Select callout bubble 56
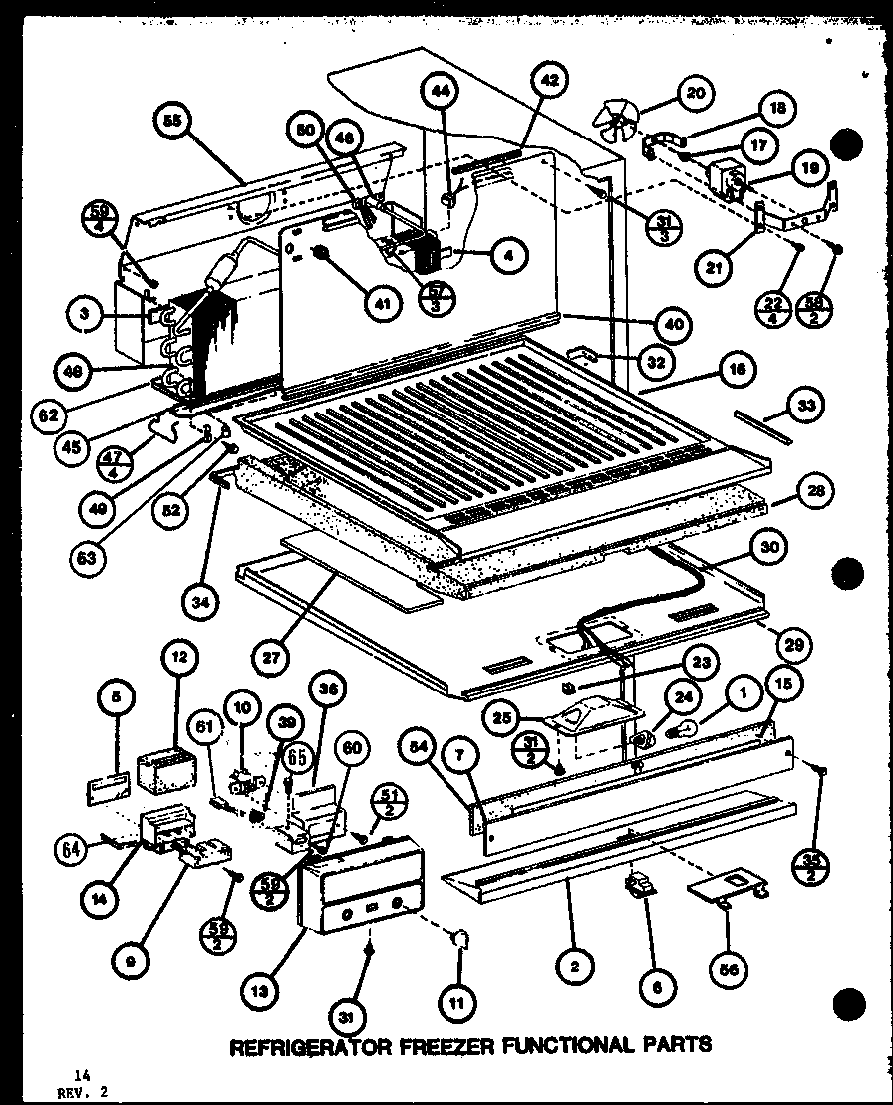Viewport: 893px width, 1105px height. (728, 966)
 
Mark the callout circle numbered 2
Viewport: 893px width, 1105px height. (576, 965)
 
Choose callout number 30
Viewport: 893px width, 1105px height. (772, 547)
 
